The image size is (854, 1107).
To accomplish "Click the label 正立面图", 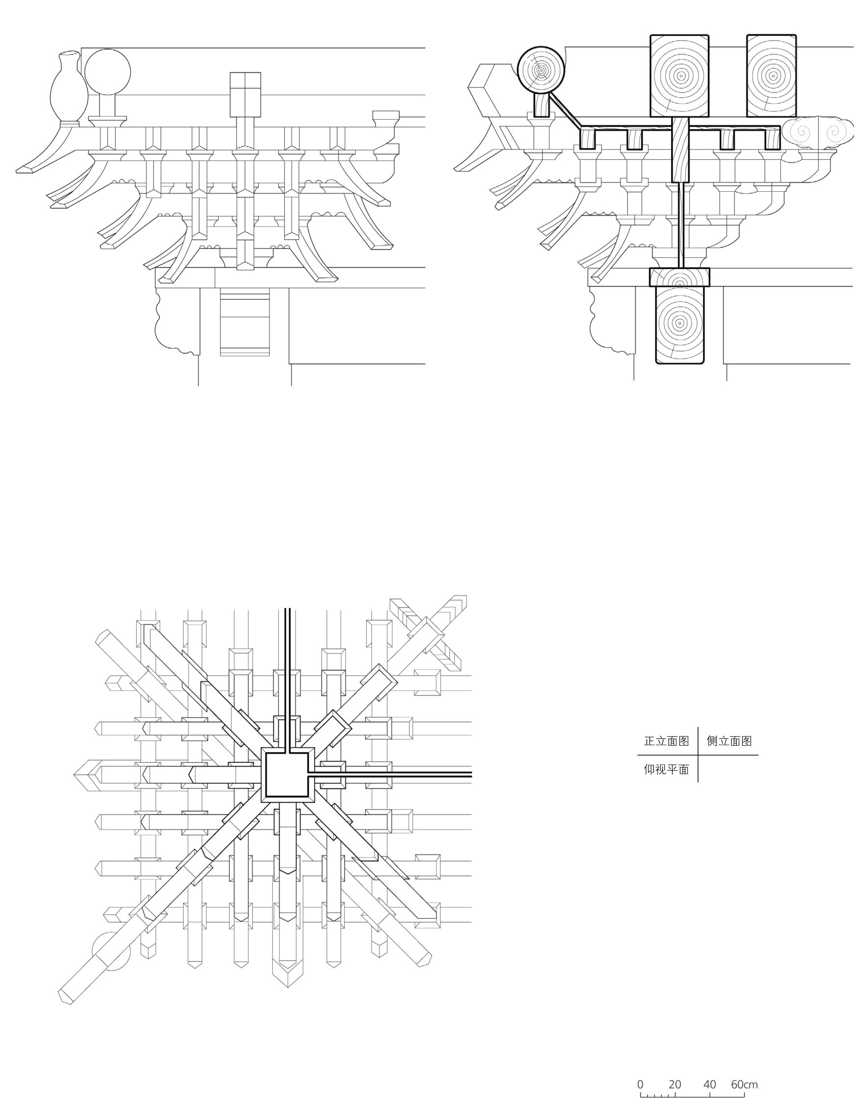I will pyautogui.click(x=666, y=741).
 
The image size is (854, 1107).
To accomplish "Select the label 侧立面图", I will pyautogui.click(x=730, y=741).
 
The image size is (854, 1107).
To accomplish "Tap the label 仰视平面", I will pyautogui.click(x=666, y=769).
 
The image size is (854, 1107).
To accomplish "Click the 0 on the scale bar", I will pyautogui.click(x=640, y=1084).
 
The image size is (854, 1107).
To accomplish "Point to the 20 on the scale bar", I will pyautogui.click(x=675, y=1084).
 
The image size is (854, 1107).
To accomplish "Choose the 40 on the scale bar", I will pyautogui.click(x=709, y=1084).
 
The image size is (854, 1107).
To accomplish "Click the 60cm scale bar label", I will pyautogui.click(x=744, y=1084).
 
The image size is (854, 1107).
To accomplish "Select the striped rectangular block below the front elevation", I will pyautogui.click(x=244, y=323).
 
